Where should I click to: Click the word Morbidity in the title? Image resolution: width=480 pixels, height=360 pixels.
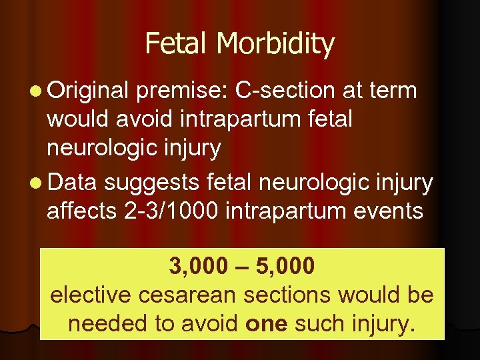tap(275, 45)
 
